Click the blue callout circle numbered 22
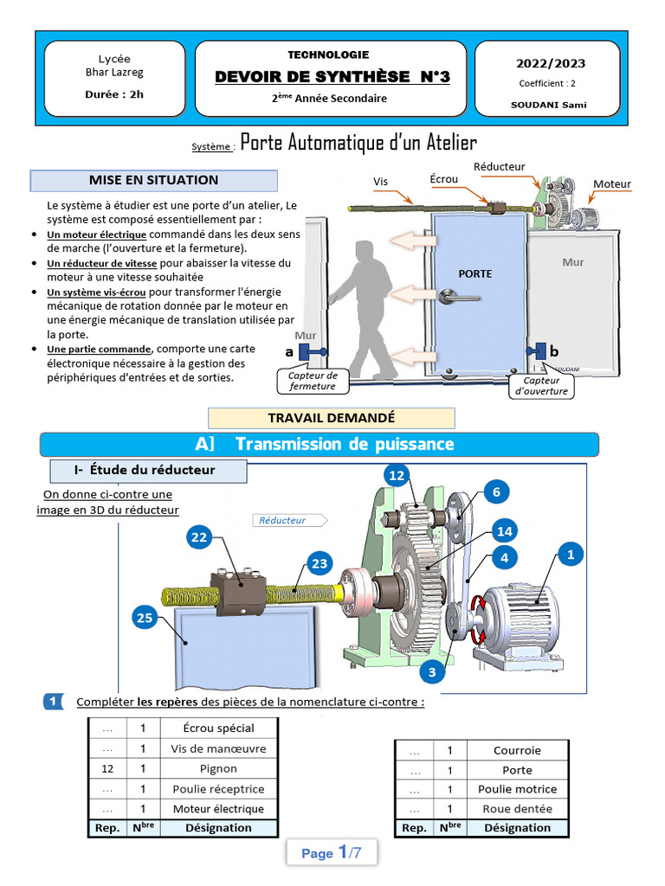tap(199, 537)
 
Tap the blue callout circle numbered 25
tap(144, 618)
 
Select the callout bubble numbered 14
tap(504, 530)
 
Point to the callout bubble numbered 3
tap(431, 671)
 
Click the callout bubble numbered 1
tap(570, 555)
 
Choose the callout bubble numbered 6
tap(496, 492)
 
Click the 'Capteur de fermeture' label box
tap(313, 381)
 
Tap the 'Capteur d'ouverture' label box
tap(541, 385)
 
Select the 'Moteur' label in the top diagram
tap(611, 184)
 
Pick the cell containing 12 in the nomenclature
tap(107, 768)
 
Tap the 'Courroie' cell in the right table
tap(517, 750)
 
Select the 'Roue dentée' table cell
tap(517, 809)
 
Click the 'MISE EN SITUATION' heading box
tap(154, 180)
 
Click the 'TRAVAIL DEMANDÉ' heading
tap(332, 417)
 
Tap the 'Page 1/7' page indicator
tap(332, 853)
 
